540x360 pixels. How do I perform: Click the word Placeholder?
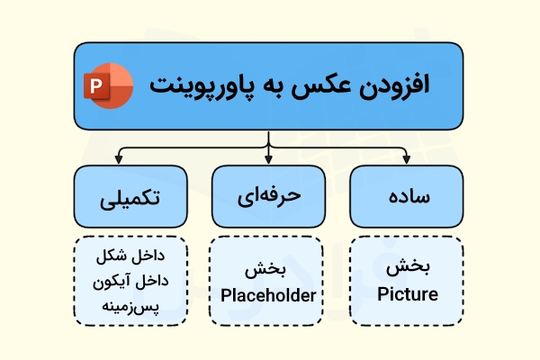click(268, 294)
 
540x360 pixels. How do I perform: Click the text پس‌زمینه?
click(131, 307)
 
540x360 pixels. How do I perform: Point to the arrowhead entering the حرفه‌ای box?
click(268, 161)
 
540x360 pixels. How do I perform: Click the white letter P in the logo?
click(95, 86)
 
